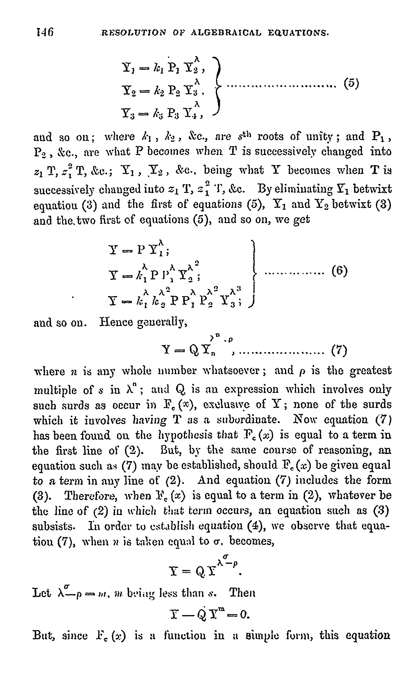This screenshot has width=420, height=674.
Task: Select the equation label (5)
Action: pos(351,83)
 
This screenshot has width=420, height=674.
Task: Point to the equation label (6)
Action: pos(339,271)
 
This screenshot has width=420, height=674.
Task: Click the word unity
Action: pos(317,137)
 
